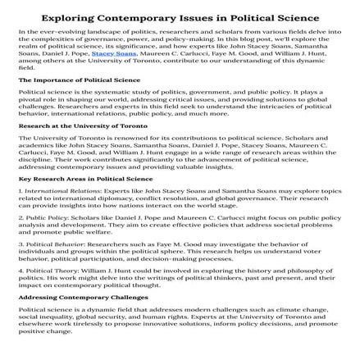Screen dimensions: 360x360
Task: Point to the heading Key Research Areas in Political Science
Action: point(66,177)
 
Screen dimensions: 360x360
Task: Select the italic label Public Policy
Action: point(37,215)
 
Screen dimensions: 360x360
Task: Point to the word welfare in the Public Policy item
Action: point(78,226)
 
